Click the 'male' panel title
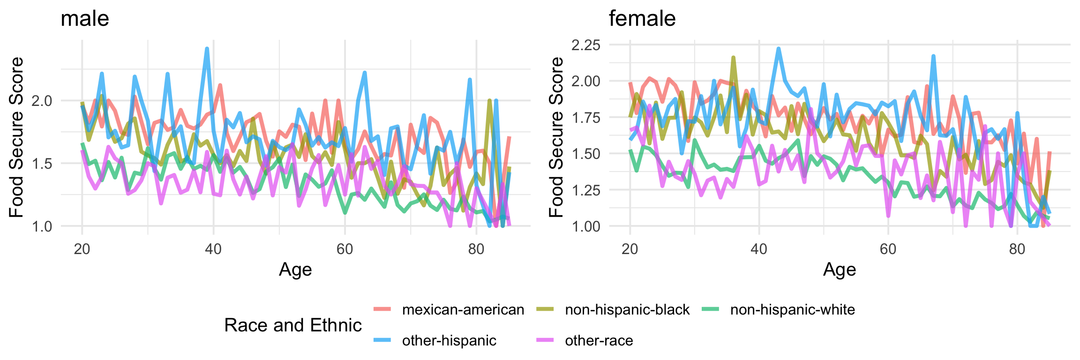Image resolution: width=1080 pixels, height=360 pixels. coord(85,19)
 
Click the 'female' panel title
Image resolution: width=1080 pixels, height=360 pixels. coord(642,19)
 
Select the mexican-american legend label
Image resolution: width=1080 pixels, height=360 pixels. coord(463,310)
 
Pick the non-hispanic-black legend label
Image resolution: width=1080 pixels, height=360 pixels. coord(627,310)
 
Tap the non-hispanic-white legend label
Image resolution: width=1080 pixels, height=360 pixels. coord(792,310)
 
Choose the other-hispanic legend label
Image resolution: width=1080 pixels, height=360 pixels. coord(449,341)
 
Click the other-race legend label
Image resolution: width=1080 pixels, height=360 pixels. coord(599,341)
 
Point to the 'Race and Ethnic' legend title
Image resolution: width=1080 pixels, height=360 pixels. coord(293,325)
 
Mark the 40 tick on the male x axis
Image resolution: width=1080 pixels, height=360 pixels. coord(213,248)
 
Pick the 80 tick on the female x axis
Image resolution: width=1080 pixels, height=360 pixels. coord(1017,248)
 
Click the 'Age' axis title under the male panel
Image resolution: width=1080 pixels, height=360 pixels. coord(295,270)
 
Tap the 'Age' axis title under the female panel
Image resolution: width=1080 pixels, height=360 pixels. coord(840,270)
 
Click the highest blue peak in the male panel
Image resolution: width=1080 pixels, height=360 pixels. coord(207,48)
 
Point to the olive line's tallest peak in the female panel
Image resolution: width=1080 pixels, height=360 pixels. coord(733,58)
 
